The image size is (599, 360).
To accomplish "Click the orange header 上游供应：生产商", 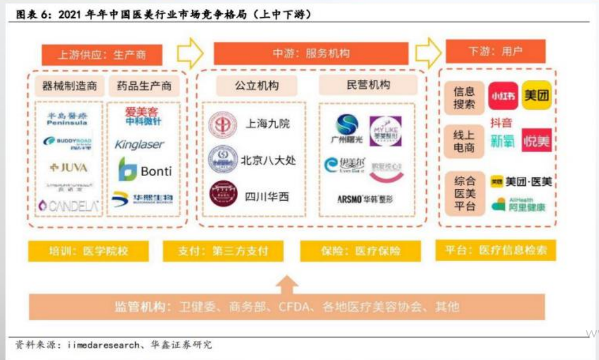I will [x=102, y=54].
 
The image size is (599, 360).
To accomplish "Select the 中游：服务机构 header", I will [x=310, y=53].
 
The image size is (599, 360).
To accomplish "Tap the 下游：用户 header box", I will [x=495, y=52].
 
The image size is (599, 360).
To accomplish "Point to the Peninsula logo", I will [x=68, y=118].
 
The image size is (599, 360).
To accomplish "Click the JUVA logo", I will [x=69, y=168].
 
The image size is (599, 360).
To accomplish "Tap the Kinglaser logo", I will [x=139, y=144].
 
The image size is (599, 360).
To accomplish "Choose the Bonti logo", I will [x=145, y=171].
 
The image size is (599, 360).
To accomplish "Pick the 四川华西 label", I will [x=267, y=197].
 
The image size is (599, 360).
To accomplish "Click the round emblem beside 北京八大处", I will [x=223, y=160].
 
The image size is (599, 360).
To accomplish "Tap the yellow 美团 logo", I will [x=536, y=96].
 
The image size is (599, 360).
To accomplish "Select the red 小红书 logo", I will [x=503, y=96].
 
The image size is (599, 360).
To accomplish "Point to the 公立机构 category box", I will [x=257, y=85].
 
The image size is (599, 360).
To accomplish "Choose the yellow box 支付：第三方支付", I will [x=223, y=250].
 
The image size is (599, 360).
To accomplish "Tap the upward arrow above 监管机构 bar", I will [x=287, y=285].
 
